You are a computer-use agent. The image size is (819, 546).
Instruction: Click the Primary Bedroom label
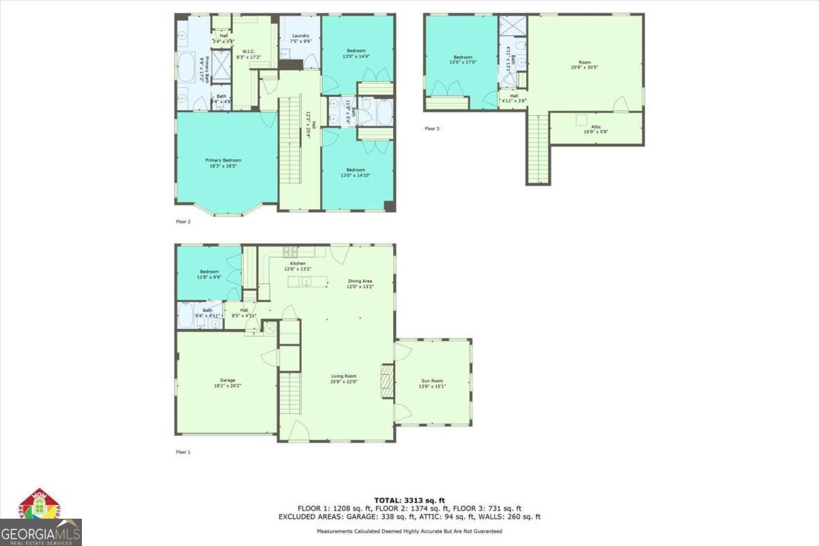point(223,160)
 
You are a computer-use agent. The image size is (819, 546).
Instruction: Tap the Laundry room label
point(300,36)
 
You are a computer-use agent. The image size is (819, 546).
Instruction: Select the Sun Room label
point(432,381)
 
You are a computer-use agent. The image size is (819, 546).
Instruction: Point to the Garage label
point(227,380)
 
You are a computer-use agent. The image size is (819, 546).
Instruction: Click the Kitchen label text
point(298,263)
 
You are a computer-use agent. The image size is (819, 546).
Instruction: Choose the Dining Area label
point(360,281)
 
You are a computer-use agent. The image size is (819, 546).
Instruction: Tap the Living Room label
point(344,376)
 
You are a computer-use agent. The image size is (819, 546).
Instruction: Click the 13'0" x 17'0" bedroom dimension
point(463,62)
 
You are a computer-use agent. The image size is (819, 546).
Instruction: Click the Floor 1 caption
point(183,452)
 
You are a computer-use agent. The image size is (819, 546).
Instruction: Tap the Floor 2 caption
point(183,222)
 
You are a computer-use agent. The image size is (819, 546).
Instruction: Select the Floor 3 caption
point(431,128)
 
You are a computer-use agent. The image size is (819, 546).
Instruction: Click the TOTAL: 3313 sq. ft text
point(409,500)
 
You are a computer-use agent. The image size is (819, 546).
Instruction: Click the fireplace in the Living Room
point(387,380)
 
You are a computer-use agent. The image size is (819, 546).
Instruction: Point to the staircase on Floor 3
point(537,148)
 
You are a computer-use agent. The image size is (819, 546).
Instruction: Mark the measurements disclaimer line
point(409,531)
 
